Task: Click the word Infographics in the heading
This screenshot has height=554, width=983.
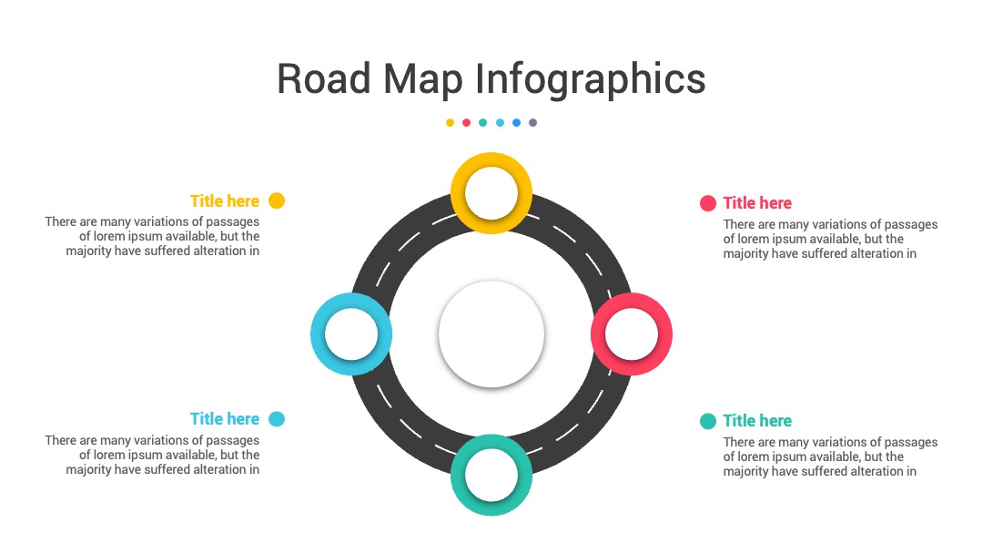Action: click(590, 79)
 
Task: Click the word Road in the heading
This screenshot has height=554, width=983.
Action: click(323, 78)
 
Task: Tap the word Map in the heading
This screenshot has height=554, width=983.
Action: click(423, 79)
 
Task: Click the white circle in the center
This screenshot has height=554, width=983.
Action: click(491, 333)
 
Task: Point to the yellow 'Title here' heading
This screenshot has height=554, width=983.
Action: click(225, 200)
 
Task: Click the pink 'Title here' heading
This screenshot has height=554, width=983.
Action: click(757, 202)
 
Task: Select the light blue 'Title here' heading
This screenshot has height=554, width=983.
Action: click(225, 418)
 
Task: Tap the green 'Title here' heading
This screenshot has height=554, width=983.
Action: click(757, 420)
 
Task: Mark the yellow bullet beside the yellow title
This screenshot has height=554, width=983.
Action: click(277, 200)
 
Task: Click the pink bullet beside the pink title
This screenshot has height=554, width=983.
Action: click(708, 203)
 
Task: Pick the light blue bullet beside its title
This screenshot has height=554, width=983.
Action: click(277, 418)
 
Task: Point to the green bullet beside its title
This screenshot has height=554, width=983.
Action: click(708, 421)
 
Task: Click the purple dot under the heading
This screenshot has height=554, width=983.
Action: click(532, 123)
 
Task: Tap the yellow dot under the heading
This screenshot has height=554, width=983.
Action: click(450, 123)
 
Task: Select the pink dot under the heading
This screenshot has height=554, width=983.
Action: click(466, 123)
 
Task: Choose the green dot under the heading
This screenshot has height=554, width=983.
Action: click(482, 123)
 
